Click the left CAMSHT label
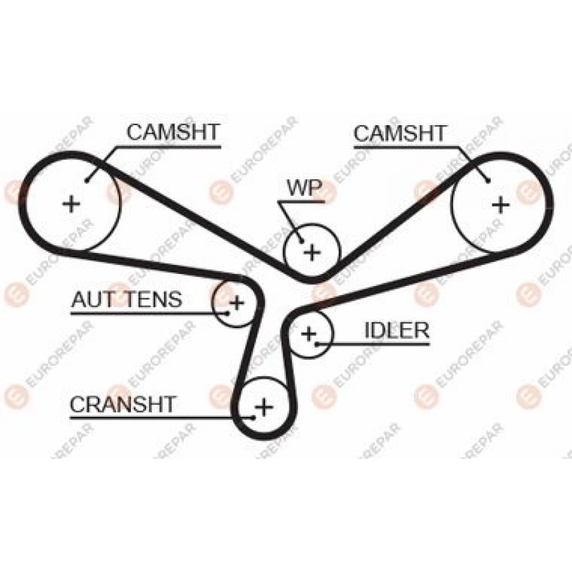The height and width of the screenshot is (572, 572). coord(173,132)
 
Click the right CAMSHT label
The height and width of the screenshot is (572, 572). coord(400,133)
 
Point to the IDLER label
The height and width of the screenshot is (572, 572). coord(397,330)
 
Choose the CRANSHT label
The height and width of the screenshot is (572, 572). coord(123,404)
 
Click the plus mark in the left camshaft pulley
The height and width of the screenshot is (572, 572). coord(72,203)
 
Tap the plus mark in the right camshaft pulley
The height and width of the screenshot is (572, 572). coord(501,204)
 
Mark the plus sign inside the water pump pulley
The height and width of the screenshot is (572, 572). coord(311,252)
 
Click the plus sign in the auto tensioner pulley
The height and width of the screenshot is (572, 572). coord(236,303)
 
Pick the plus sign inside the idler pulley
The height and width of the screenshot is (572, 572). coord(309,333)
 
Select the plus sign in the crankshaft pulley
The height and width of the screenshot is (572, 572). coord(263,405)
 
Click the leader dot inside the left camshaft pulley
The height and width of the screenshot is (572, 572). coord(88,179)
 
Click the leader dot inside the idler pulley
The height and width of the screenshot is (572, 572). coord(317,344)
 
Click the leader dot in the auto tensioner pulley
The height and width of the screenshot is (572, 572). coord(226,312)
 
